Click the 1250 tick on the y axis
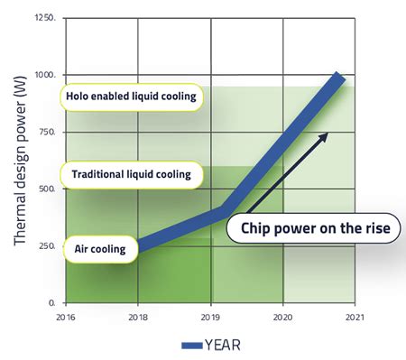click(x=48, y=17)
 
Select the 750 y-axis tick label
click(x=50, y=131)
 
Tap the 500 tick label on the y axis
click(x=50, y=188)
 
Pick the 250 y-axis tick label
click(x=50, y=245)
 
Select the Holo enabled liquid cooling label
click(x=130, y=96)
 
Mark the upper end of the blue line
click(x=339, y=78)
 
